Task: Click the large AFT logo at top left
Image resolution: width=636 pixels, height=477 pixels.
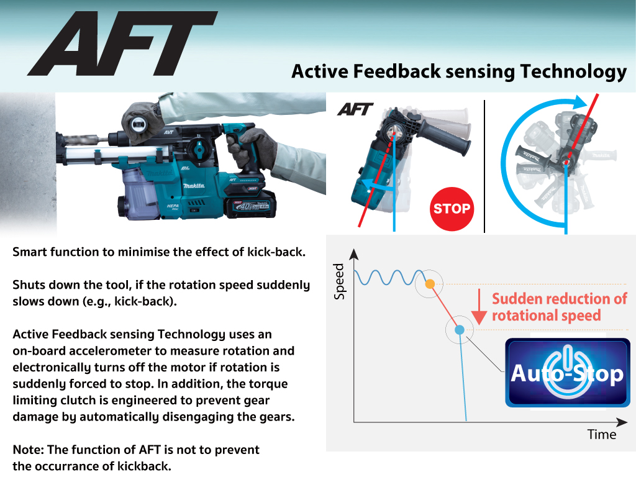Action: coord(122,43)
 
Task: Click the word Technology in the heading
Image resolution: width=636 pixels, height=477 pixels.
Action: coord(573,72)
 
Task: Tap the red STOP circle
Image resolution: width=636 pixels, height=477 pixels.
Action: coord(452,209)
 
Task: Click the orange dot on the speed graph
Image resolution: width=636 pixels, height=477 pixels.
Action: coord(430,284)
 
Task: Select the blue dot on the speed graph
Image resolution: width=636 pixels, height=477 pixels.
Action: coord(460,330)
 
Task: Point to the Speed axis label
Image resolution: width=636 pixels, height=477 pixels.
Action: coord(338,281)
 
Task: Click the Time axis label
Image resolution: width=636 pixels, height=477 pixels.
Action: coord(602,434)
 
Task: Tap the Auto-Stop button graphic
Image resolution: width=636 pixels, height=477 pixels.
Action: coord(568,373)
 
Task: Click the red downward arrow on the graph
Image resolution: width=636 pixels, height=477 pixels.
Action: coord(479,307)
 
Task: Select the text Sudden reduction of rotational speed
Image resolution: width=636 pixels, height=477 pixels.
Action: coord(560,307)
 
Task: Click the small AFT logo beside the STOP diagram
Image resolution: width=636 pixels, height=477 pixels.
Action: coord(355,109)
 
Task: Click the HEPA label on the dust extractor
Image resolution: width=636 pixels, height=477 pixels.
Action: coord(173,207)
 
